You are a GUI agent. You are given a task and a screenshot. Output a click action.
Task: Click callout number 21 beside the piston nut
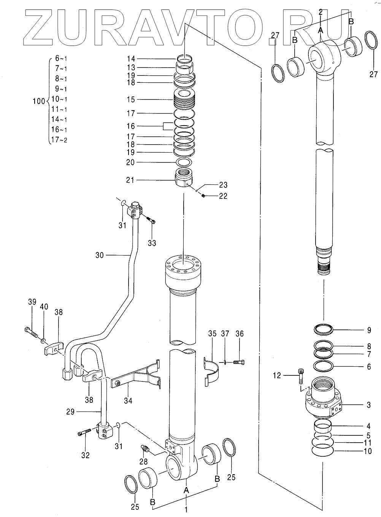tap(130, 180)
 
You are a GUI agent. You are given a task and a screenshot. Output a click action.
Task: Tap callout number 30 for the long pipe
tap(99, 255)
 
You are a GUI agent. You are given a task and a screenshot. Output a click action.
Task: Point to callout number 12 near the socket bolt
tap(277, 375)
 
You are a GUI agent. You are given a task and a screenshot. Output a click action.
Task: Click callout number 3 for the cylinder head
tap(368, 405)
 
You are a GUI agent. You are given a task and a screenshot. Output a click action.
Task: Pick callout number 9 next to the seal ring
tap(369, 330)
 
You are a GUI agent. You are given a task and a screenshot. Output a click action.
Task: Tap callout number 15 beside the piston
tap(131, 100)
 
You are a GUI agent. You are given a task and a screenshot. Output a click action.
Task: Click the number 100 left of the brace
tap(39, 101)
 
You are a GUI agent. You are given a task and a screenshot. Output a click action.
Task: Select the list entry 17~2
tap(59, 140)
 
